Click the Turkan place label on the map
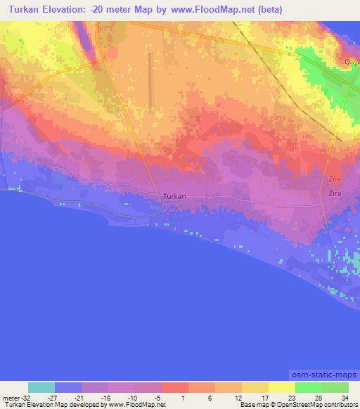174,196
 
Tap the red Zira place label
335,180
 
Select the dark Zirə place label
335,192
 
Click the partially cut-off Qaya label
352,62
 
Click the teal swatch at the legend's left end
41,387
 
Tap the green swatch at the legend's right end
335,387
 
